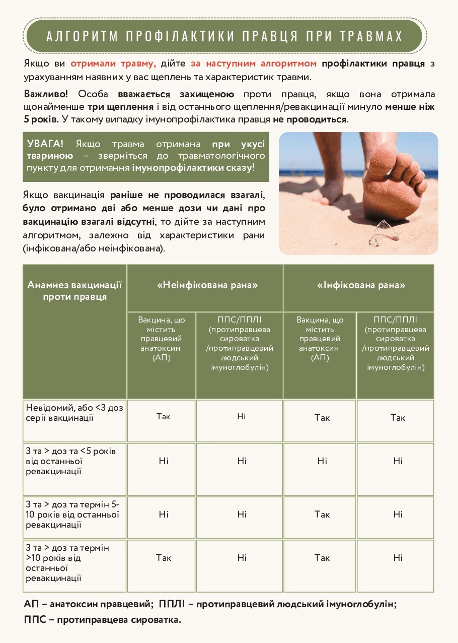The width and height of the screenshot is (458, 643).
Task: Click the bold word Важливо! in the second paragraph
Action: point(45,94)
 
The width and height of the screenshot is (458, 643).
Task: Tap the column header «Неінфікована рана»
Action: point(207,285)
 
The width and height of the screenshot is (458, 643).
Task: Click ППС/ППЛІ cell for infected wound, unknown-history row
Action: point(398,418)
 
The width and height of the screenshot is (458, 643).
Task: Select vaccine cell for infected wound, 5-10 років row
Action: point(322,515)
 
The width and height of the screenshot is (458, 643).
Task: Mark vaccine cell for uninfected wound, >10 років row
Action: point(164,558)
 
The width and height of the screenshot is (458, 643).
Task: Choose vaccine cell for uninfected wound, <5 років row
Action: point(164,461)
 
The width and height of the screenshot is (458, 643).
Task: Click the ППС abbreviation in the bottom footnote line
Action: point(34,620)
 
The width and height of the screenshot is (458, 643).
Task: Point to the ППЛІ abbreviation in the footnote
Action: point(173,604)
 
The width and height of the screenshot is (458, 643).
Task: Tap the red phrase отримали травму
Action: point(113,64)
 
